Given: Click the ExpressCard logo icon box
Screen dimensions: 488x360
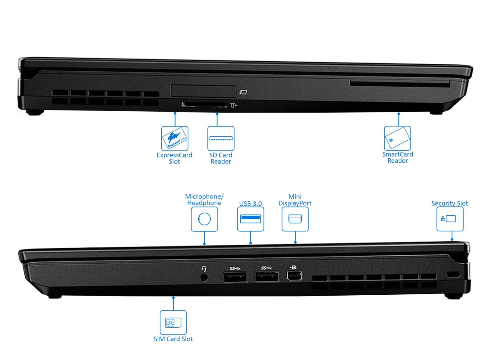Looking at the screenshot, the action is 175,139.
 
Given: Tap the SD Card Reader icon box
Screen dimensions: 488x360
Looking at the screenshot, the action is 221,139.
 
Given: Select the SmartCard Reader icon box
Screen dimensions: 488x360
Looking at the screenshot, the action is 397,138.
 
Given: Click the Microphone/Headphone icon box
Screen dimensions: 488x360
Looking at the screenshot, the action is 204,219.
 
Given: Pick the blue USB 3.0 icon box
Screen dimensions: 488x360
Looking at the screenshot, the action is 250,219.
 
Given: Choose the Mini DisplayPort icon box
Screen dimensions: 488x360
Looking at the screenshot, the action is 295,219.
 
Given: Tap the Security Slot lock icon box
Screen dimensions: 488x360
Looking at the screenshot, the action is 450,219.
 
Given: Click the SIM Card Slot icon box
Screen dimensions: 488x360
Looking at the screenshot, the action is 173,322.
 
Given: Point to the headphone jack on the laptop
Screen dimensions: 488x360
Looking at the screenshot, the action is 204,278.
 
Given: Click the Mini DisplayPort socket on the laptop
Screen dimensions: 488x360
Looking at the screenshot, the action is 294,276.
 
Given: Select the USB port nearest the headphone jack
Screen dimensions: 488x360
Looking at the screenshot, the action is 235,277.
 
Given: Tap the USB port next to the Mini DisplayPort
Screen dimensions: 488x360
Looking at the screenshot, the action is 267,276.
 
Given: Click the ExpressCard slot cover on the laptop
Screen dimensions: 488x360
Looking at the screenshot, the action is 203,91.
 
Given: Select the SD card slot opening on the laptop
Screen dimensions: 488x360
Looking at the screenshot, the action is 204,105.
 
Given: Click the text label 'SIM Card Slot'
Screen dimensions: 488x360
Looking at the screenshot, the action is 173,339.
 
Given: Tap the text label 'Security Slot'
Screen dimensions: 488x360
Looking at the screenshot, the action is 450,203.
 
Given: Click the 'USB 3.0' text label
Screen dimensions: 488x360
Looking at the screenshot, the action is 250,203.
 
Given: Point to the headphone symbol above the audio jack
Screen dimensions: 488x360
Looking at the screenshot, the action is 204,269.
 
